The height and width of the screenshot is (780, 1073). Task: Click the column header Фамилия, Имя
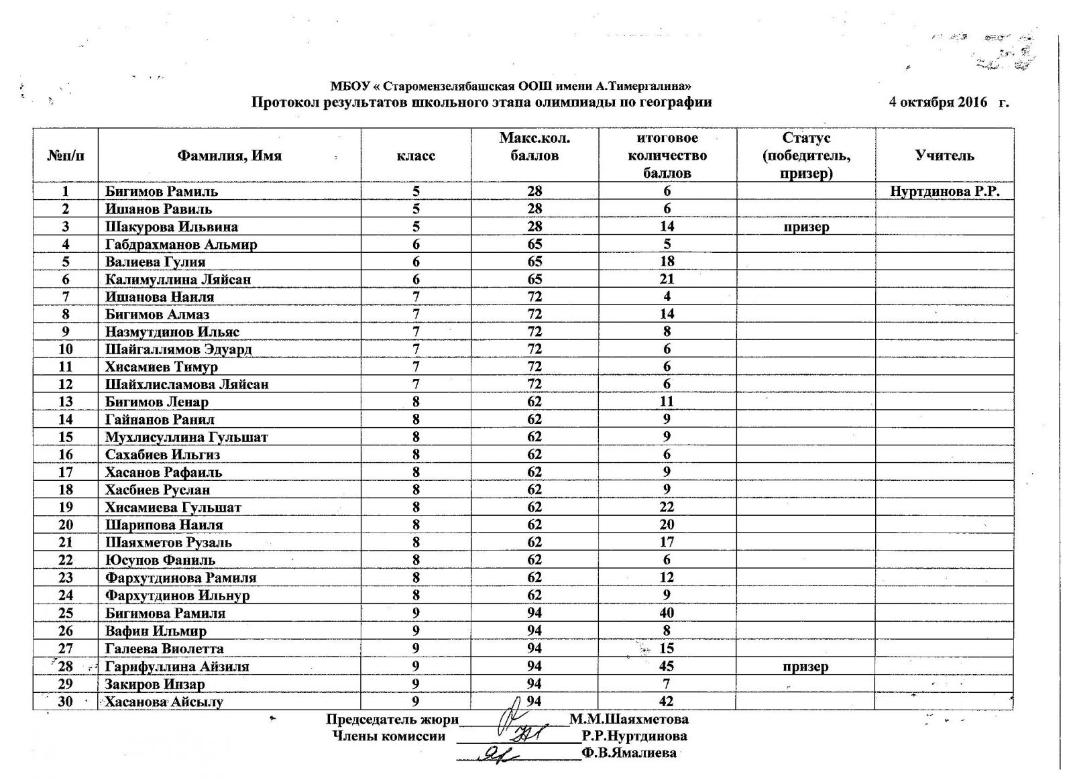[229, 156]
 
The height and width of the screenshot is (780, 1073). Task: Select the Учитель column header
[944, 156]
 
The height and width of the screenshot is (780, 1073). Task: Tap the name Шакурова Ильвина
[171, 227]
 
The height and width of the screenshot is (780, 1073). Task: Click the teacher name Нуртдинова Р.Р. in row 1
[945, 191]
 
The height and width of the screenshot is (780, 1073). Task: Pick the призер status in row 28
[805, 667]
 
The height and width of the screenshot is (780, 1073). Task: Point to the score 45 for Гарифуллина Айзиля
[667, 667]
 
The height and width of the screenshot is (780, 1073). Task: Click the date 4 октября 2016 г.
[948, 102]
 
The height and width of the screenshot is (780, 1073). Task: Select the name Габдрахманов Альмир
[181, 244]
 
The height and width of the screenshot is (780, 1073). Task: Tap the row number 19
[66, 507]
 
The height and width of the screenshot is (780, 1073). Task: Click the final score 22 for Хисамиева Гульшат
[667, 507]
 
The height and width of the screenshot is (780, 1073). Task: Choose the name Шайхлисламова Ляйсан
[186, 384]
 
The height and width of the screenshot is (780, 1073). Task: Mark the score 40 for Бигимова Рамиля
[667, 613]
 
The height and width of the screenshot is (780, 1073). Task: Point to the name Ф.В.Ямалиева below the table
[629, 753]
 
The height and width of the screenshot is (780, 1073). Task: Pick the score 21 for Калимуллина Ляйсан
[667, 279]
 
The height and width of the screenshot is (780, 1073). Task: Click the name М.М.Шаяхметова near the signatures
[628, 719]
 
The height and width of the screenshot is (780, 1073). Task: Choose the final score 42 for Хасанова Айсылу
[667, 702]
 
